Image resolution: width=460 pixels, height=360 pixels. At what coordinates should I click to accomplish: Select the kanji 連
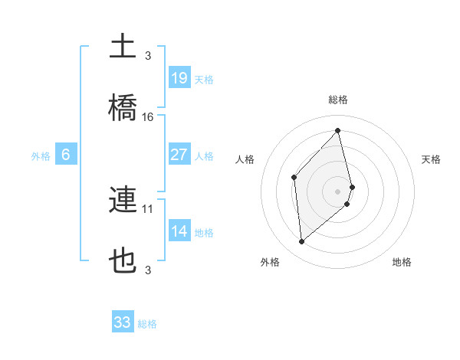tap(123, 201)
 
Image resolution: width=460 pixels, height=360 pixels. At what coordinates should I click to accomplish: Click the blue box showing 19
tap(179, 77)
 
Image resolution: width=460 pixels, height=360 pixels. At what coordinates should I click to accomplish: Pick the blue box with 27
tap(179, 155)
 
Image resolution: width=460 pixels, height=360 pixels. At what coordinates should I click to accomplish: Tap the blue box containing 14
tap(179, 231)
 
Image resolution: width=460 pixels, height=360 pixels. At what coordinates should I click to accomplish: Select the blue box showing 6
tap(66, 155)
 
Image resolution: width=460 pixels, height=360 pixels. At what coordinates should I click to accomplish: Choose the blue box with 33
tap(123, 322)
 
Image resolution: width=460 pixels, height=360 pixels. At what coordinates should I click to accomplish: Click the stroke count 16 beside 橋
tap(148, 117)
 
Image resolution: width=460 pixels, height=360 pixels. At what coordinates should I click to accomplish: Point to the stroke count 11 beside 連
tap(148, 208)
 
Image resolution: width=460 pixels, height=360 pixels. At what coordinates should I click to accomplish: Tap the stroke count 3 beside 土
tap(148, 55)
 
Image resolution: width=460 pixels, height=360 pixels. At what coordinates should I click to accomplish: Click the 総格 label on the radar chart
tap(338, 100)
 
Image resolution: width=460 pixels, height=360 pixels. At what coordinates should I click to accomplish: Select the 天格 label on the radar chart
tap(431, 159)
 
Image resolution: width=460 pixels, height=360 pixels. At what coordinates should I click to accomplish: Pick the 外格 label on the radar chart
tap(270, 262)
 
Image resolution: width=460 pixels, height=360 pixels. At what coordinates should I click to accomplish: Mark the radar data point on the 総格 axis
tap(338, 131)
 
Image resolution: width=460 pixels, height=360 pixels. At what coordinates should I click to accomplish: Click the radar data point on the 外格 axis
tap(302, 242)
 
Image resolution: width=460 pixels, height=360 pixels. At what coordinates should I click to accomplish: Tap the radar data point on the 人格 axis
tap(294, 178)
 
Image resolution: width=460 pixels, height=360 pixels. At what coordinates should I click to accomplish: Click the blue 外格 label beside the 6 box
tap(41, 155)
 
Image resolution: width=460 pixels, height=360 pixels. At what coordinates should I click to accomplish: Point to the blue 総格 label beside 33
tap(147, 324)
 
